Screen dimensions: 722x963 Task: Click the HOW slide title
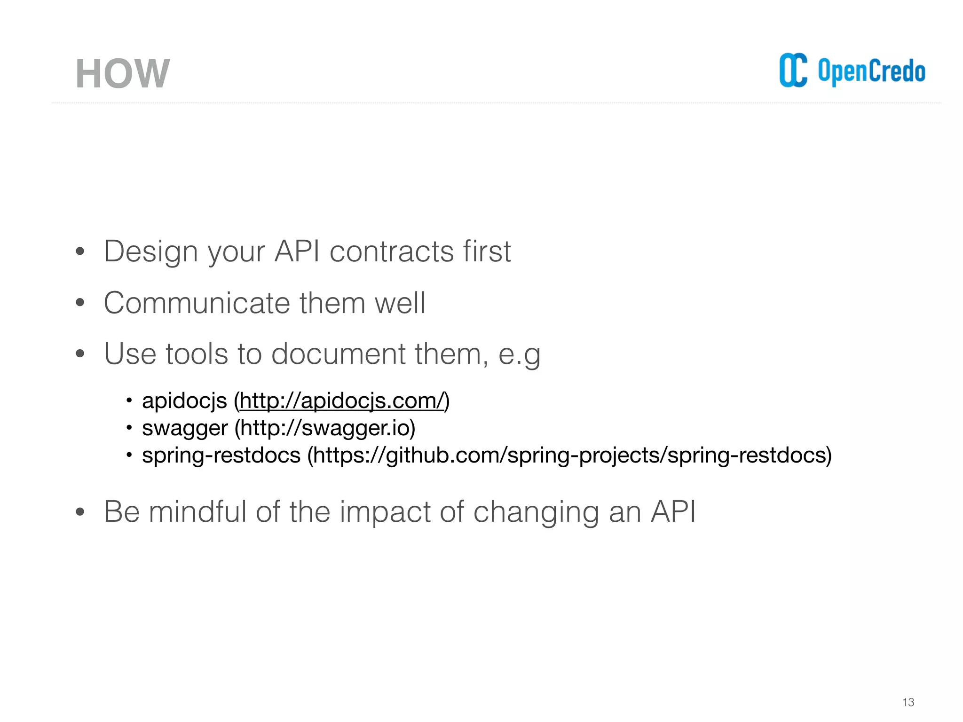coord(122,74)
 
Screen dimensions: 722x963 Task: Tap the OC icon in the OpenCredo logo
coord(793,71)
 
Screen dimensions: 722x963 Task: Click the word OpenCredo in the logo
coord(871,71)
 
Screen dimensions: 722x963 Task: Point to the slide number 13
coord(908,702)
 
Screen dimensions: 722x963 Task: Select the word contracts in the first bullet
coord(391,251)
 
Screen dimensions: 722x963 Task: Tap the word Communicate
coord(196,303)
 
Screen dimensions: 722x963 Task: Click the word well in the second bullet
coord(400,303)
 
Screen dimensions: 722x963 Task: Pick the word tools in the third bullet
coord(197,353)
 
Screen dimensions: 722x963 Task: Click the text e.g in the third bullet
coord(519,354)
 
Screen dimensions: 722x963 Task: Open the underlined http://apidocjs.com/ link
coord(341,401)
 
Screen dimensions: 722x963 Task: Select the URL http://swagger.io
coord(324,428)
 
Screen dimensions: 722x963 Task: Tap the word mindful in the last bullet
coord(197,511)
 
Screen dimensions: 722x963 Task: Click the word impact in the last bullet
coord(385,512)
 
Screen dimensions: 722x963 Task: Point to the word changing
coord(536,512)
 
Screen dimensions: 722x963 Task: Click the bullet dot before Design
coord(80,251)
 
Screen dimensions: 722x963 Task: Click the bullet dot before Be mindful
coord(80,512)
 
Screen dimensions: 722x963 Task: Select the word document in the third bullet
coord(338,353)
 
